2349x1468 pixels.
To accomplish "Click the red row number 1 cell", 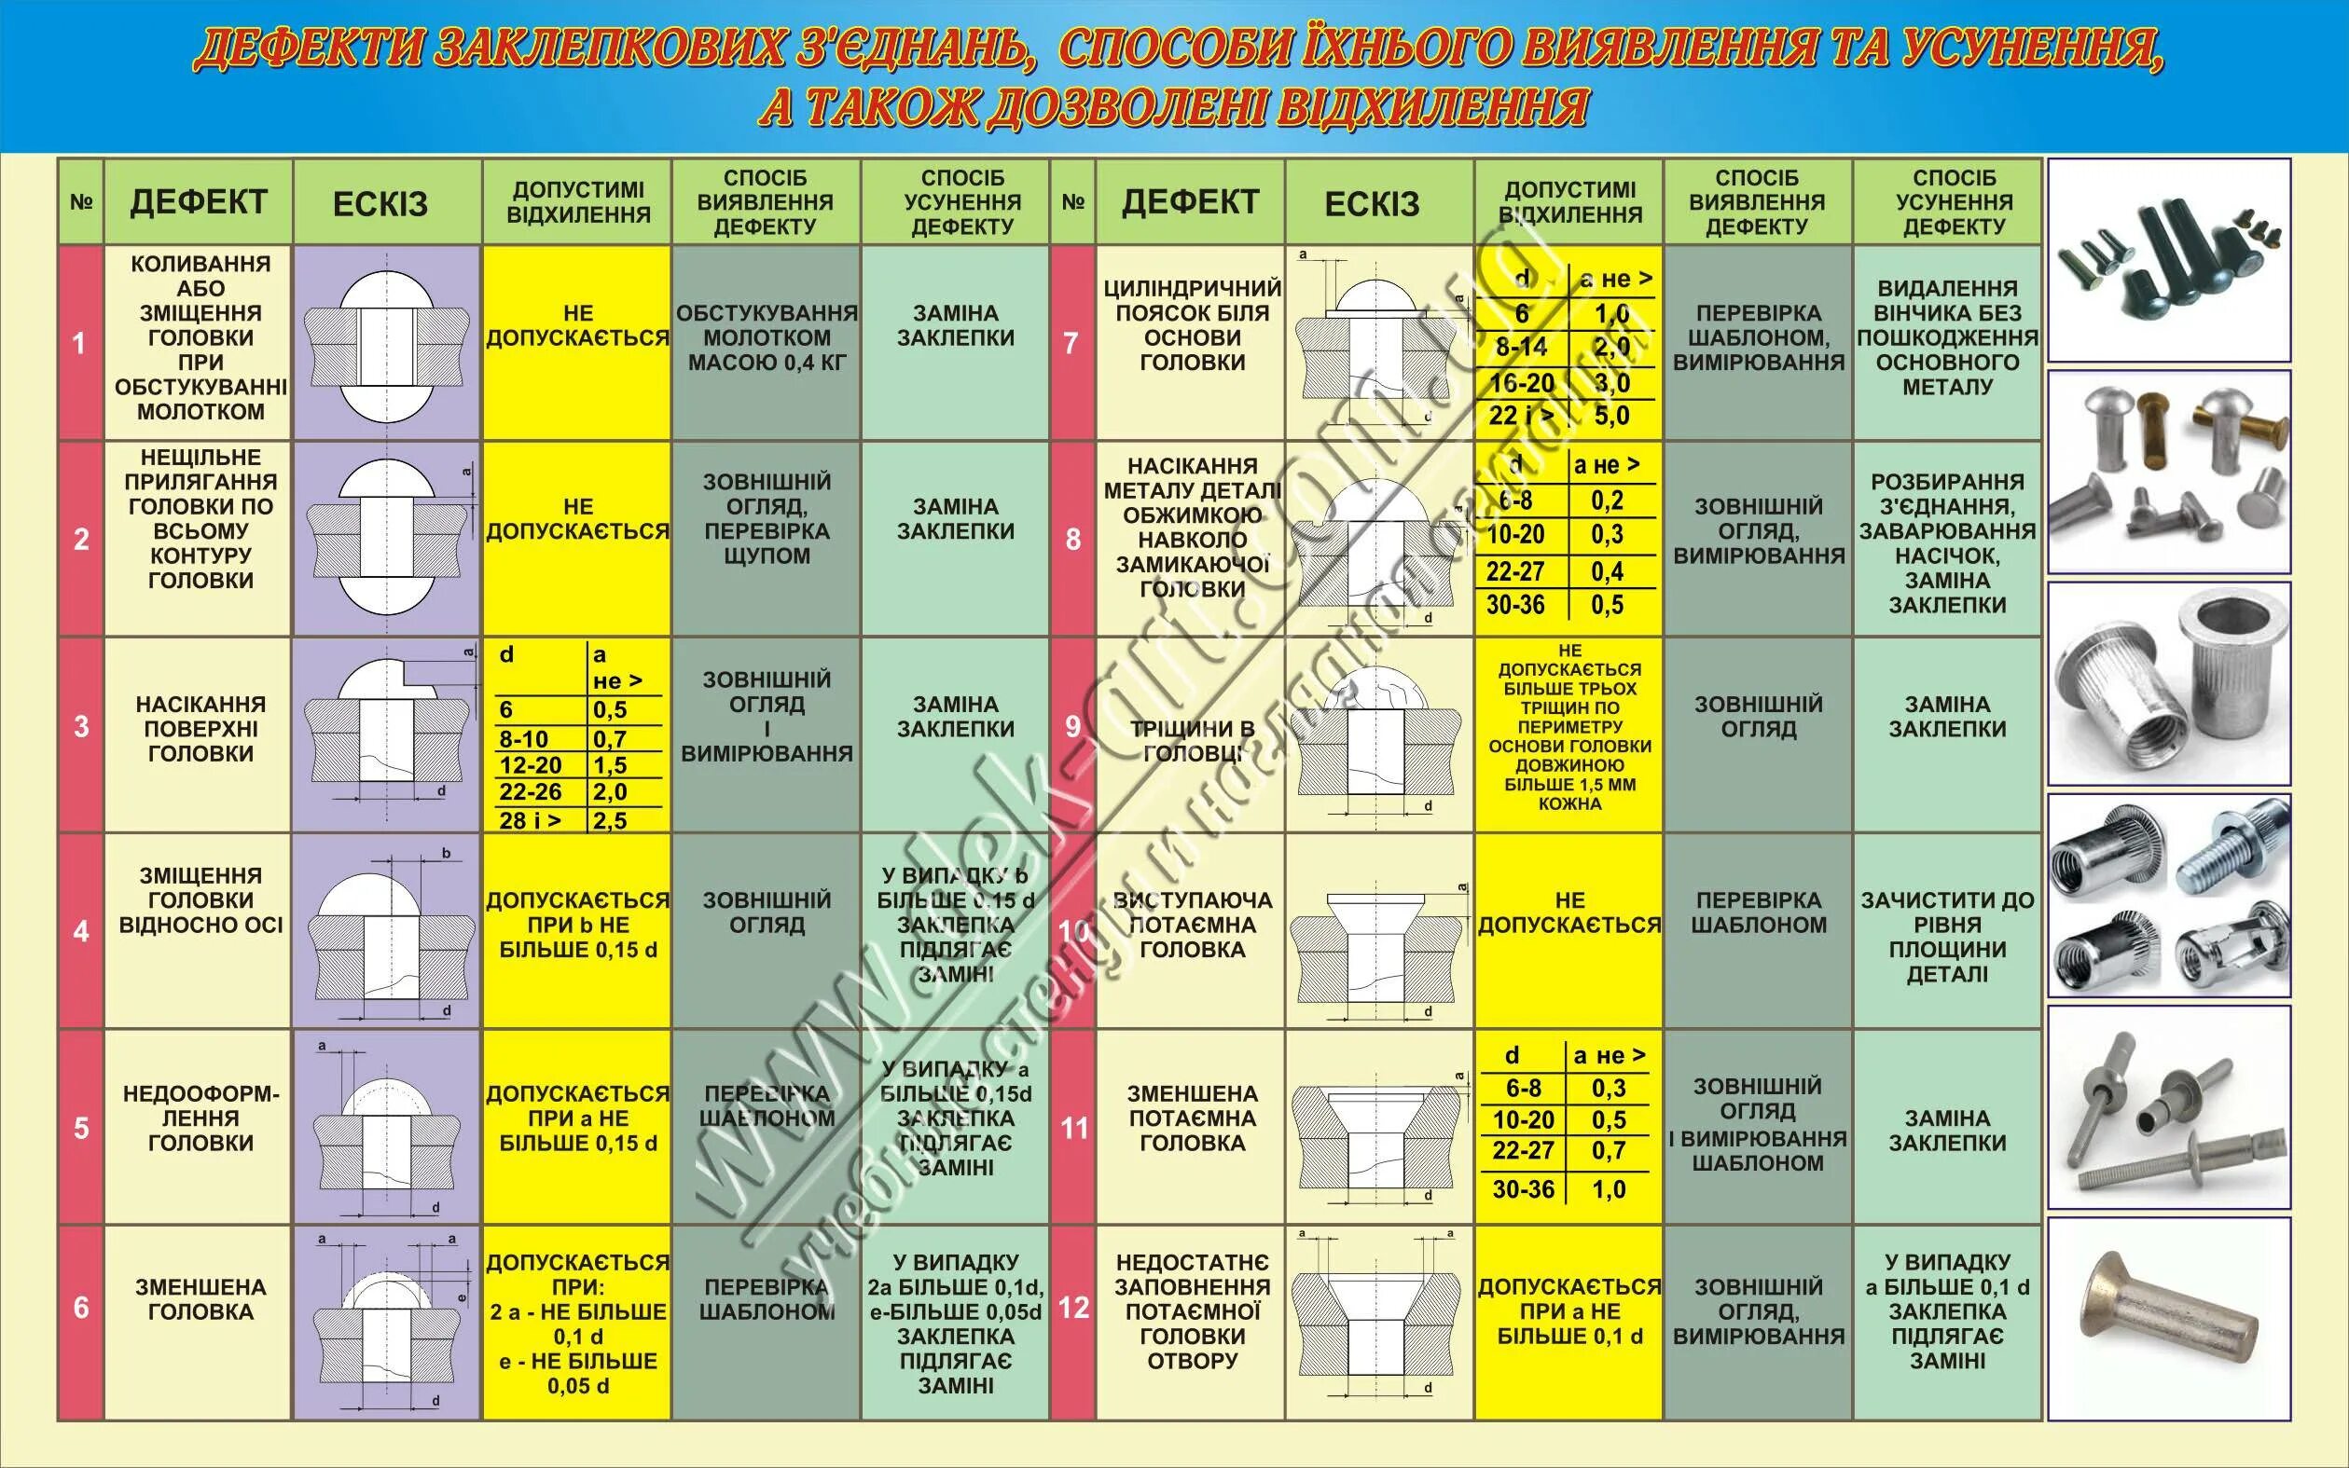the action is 79,343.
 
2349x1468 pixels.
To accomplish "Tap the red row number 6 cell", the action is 80,1308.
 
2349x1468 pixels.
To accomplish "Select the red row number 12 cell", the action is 1073,1308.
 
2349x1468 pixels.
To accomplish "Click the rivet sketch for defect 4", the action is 389,930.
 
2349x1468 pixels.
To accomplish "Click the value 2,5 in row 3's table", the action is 611,820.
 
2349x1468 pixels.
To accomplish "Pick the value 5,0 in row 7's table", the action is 1612,417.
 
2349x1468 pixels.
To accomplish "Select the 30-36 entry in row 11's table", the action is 1523,1189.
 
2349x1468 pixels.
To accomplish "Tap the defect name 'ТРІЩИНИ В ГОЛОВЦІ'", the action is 1192,741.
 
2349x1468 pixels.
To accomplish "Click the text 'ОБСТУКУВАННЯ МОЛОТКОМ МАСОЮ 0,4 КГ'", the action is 767,337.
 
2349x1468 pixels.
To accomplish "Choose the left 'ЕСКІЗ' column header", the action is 380,204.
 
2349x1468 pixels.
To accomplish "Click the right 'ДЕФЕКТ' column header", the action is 1191,202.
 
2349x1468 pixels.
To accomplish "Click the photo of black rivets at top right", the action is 2168,260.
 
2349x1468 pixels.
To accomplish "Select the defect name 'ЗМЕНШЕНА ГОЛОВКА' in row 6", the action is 200,1299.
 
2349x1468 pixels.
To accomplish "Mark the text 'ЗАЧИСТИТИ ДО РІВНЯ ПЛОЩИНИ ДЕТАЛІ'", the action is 1947,937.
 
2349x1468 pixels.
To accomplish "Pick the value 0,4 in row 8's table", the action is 1607,572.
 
